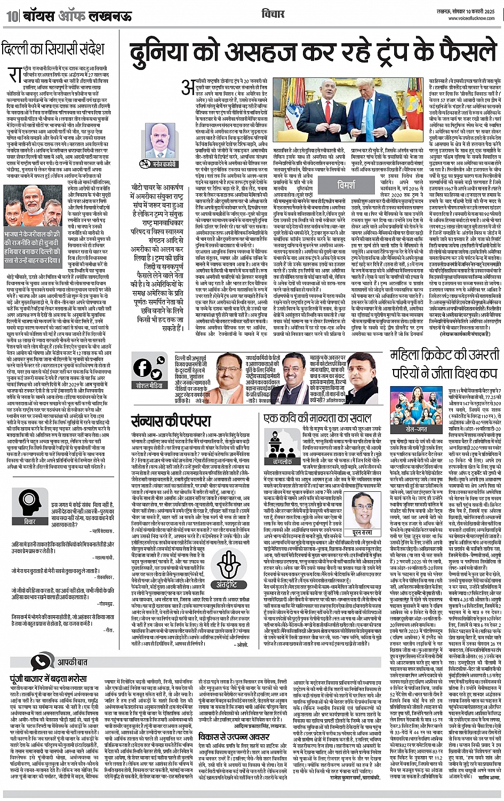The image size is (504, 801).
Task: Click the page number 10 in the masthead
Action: point(12,16)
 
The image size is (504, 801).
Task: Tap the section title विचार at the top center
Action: point(273,13)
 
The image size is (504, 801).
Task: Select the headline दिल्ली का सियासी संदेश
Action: point(53,50)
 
